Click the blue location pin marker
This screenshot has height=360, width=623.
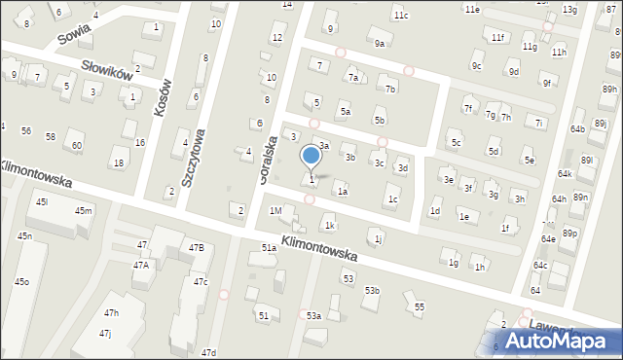311,157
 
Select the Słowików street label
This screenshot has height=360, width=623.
107,75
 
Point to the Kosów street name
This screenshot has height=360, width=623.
163,97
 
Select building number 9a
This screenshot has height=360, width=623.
380,44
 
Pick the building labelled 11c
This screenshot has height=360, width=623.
401,16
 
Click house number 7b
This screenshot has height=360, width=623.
390,89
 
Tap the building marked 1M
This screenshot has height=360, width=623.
275,210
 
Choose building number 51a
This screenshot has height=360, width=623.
269,248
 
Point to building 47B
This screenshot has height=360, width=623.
197,248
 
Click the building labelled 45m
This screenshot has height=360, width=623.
84,211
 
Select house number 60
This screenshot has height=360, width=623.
77,146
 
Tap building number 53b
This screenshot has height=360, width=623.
372,290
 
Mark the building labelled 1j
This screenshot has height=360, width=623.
378,237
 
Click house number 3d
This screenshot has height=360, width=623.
402,168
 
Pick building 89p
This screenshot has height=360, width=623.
569,234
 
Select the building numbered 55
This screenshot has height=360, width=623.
419,306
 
